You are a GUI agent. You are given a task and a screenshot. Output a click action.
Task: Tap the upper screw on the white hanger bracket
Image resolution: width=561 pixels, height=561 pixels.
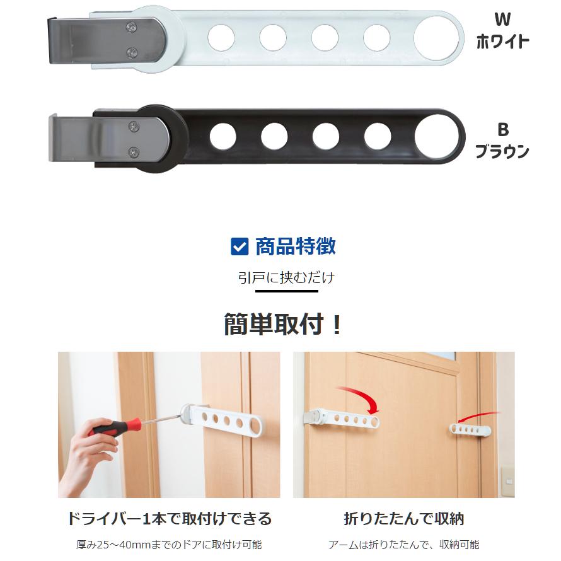click(132, 26)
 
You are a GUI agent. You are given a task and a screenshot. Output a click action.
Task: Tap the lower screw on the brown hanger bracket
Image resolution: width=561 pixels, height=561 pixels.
click(134, 151)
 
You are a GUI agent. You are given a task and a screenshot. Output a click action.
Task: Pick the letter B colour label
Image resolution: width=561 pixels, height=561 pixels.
click(502, 130)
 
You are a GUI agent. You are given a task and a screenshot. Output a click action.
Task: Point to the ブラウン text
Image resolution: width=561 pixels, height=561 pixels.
click(502, 152)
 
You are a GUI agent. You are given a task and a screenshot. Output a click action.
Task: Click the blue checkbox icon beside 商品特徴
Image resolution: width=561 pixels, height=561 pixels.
click(240, 246)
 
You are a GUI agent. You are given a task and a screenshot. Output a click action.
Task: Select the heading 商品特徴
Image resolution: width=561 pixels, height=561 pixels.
click(295, 246)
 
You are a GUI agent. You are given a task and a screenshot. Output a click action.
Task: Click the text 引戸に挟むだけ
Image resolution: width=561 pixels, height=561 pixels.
click(286, 278)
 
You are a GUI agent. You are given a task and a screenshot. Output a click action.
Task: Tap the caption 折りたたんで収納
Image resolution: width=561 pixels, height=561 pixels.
click(403, 519)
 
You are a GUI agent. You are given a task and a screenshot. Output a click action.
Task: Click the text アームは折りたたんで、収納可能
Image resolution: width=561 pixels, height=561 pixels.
click(403, 545)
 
